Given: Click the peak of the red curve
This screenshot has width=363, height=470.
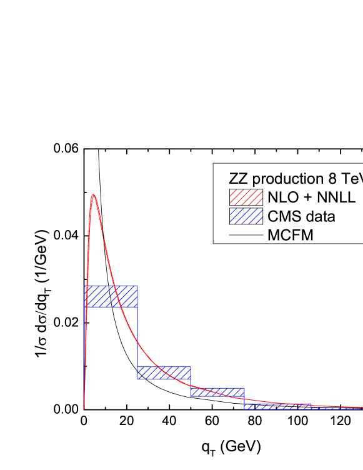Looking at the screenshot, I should coord(93,194).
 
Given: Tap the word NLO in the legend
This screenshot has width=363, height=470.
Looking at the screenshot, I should coord(280,198).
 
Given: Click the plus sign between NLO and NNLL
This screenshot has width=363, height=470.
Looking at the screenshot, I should coord(304,198).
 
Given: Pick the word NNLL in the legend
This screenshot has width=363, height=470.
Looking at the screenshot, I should coord(332,198).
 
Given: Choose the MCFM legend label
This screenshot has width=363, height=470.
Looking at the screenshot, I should coord(290,236).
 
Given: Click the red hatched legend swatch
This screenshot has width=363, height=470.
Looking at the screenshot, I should coord(245,197).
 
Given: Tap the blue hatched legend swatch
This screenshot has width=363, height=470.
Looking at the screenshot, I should coord(245,216).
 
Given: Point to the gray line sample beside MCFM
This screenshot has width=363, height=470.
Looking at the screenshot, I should coord(245,236).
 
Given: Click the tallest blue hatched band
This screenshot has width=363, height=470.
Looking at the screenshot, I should coord(111,296).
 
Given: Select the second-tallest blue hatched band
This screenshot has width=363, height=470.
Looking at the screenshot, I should coord(164,372).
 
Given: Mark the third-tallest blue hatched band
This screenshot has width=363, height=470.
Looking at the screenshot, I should coord(217,392).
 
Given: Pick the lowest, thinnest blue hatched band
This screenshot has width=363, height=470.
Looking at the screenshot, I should coord(275,406).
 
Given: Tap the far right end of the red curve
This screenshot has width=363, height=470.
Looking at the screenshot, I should coord(361,407).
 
